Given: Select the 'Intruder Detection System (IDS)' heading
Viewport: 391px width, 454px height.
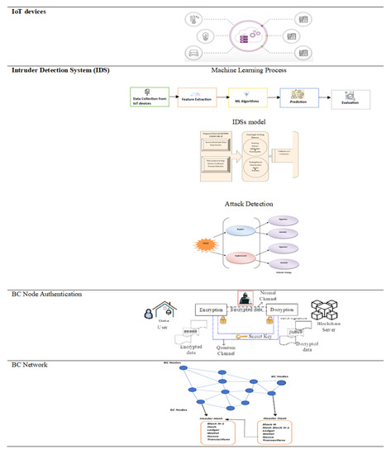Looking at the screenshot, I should coord(53,70).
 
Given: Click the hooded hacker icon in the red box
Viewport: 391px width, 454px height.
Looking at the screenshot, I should coord(245,299).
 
